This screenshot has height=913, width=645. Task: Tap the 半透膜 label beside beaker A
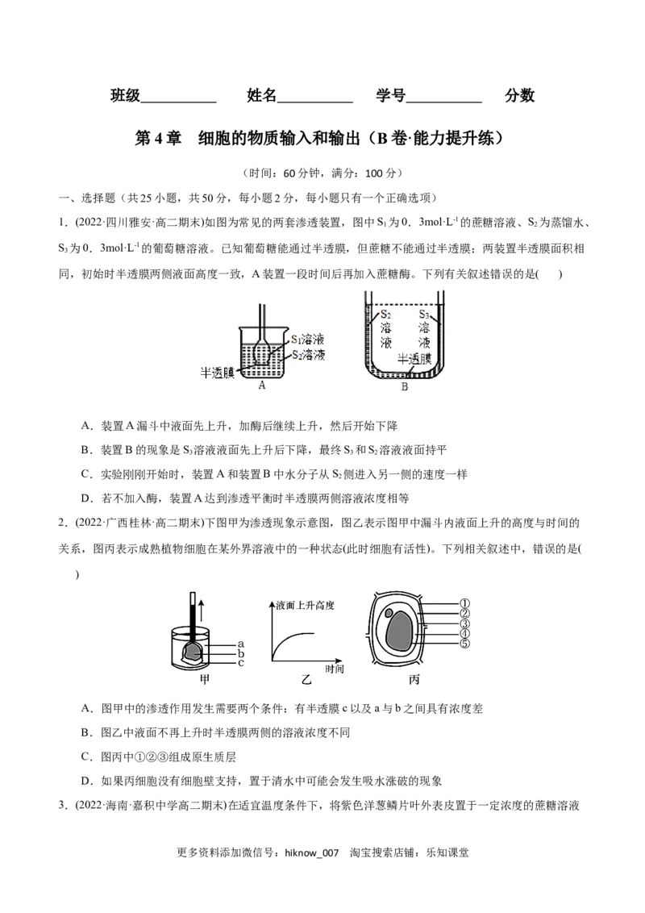217,373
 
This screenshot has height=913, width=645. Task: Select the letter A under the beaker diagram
261,385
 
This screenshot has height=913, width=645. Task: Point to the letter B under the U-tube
404,387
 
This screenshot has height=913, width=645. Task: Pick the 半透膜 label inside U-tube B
414,359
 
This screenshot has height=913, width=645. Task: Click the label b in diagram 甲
240,653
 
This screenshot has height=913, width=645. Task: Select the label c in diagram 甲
240,663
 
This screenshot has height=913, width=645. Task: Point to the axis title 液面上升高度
305,605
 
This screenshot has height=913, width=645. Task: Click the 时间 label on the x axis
335,669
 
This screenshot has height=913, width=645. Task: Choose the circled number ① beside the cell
464,603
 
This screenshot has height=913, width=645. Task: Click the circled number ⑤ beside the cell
464,643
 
